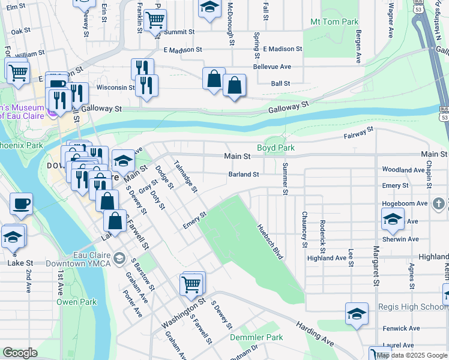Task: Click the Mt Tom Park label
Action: click(334, 22)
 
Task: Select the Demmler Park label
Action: click(256, 338)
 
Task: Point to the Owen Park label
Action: click(76, 302)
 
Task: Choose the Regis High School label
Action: click(413, 307)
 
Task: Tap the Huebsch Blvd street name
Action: click(270, 242)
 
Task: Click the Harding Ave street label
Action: click(315, 332)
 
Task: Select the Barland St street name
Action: click(243, 175)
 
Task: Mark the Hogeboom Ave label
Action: click(405, 203)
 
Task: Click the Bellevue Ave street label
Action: click(272, 67)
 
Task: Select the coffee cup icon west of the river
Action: click(21, 204)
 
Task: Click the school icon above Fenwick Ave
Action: click(357, 314)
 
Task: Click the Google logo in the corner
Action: click(20, 353)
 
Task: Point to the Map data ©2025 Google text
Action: click(412, 355)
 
